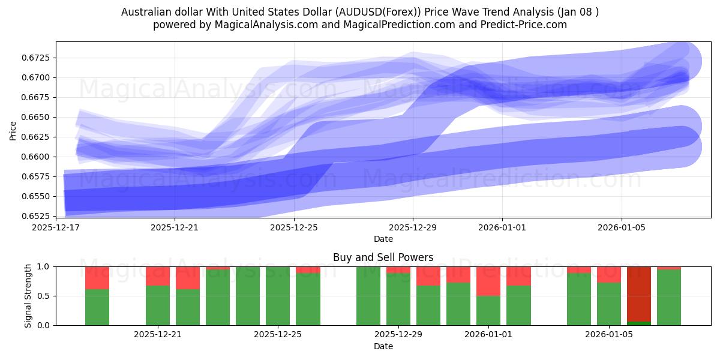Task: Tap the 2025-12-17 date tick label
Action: coord(56,227)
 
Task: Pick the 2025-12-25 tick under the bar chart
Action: coord(278,334)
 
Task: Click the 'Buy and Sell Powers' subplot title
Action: coord(383,257)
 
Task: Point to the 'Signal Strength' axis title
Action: coord(28,296)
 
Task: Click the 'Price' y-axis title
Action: coord(13,130)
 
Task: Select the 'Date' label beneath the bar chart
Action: coord(383,346)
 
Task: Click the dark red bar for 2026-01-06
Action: coord(639,293)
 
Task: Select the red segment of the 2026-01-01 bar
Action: coord(488,281)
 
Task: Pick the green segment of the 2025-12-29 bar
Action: coord(398,299)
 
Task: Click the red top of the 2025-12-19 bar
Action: coord(97,278)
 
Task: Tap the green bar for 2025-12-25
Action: coord(278,296)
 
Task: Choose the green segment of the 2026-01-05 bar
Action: coord(609,304)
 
